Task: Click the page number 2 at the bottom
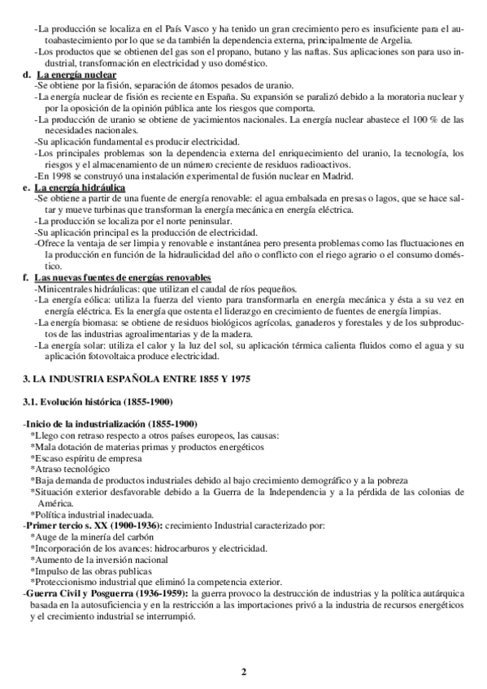(243, 670)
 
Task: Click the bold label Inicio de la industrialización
(86, 424)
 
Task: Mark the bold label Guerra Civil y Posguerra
(78, 593)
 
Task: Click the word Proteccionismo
(67, 582)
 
